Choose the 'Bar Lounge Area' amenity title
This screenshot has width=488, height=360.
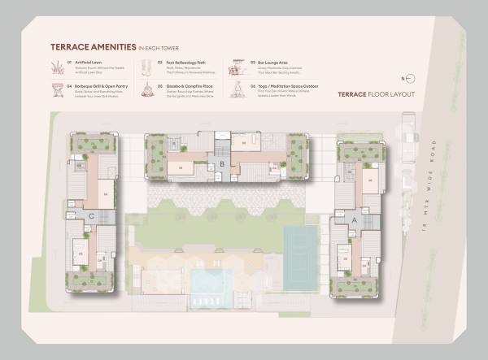point(272,62)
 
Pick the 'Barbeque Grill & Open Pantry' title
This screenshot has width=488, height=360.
point(100,85)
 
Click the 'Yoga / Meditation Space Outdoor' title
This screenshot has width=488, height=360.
point(285,85)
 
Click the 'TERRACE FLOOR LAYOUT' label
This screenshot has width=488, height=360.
point(376,95)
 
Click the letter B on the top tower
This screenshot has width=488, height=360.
point(221,164)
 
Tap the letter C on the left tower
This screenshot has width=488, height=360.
point(92,216)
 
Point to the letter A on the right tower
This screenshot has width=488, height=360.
point(355,219)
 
